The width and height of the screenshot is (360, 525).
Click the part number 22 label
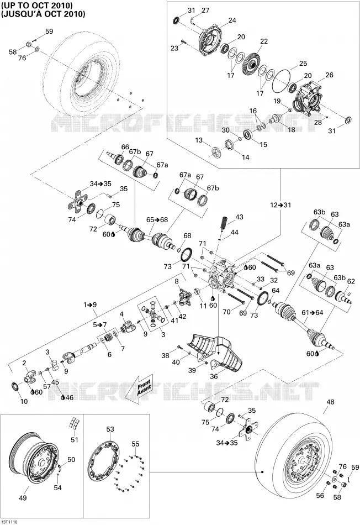[264, 41]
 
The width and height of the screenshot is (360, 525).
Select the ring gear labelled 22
[253, 62]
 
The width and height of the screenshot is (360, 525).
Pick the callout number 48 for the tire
[330, 402]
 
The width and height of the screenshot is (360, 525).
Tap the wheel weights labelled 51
[74, 424]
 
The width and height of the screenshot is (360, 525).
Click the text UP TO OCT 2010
[37, 6]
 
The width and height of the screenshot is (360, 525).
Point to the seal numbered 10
[15, 386]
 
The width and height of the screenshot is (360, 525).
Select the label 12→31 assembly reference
[280, 205]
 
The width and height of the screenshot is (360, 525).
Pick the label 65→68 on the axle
[157, 220]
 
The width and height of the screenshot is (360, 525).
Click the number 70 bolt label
[226, 312]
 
